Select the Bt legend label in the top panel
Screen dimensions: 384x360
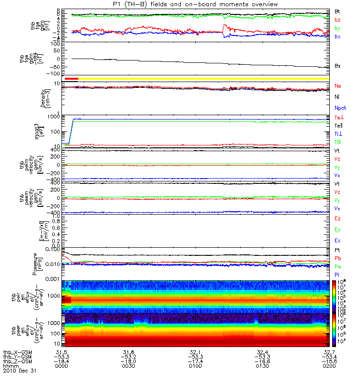click(338, 11)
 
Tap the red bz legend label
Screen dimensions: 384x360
click(338, 20)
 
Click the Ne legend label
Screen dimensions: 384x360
click(338, 86)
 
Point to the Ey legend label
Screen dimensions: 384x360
click(338, 229)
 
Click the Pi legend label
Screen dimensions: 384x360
click(337, 274)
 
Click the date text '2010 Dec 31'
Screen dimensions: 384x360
click(19, 371)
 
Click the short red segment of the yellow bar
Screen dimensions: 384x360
click(71, 78)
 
